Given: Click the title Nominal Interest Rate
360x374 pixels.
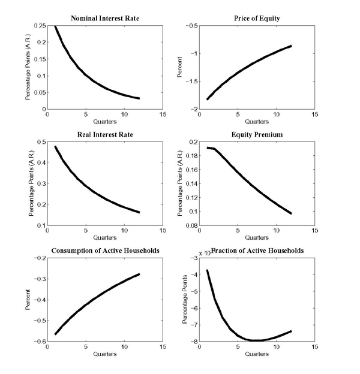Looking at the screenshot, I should click(x=105, y=18).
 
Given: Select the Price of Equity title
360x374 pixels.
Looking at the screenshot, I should click(x=256, y=18).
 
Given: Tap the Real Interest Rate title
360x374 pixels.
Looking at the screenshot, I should click(x=105, y=134).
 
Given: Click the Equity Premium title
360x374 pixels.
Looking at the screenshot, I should click(x=256, y=134).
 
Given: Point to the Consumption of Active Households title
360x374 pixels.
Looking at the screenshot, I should click(x=105, y=250).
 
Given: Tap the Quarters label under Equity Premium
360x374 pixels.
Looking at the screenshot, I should click(x=256, y=238).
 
